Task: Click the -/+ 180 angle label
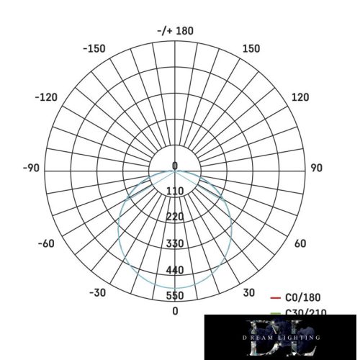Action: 175,31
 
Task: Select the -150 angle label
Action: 94,49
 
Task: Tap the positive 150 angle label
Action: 251,49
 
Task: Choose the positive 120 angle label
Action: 300,97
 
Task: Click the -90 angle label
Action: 31,168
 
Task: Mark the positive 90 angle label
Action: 315,168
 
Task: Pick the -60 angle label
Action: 45,243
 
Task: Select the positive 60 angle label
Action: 300,243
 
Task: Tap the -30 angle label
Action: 98,292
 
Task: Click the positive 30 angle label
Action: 249,292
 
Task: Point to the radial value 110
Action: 175,191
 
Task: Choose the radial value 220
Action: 175,217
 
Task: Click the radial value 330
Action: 175,243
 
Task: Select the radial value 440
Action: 175,270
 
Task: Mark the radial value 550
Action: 175,296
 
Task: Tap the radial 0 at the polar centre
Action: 175,166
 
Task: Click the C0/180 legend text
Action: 303,297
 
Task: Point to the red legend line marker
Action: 275,297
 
